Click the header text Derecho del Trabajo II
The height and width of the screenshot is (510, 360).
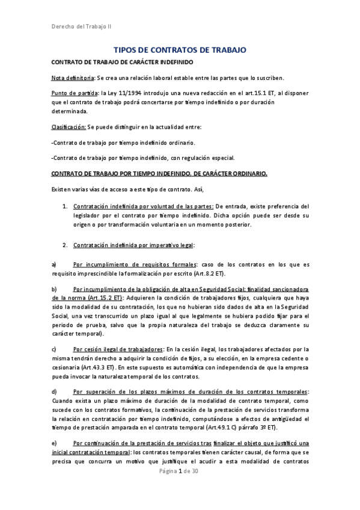80,26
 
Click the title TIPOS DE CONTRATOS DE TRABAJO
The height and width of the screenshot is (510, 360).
180,51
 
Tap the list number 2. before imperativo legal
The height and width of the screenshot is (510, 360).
65,245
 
